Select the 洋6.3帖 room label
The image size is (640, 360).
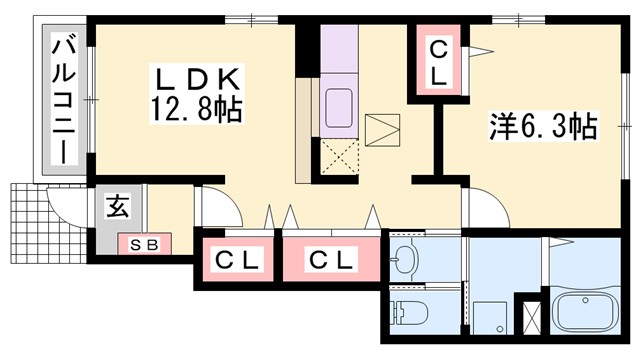(543, 127)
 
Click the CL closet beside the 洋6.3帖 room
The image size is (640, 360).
(440, 60)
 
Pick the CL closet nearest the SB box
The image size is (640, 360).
(237, 261)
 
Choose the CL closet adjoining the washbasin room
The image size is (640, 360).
(331, 261)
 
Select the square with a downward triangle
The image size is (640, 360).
(382, 131)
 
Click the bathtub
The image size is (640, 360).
(586, 316)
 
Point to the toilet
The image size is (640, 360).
(407, 311)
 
